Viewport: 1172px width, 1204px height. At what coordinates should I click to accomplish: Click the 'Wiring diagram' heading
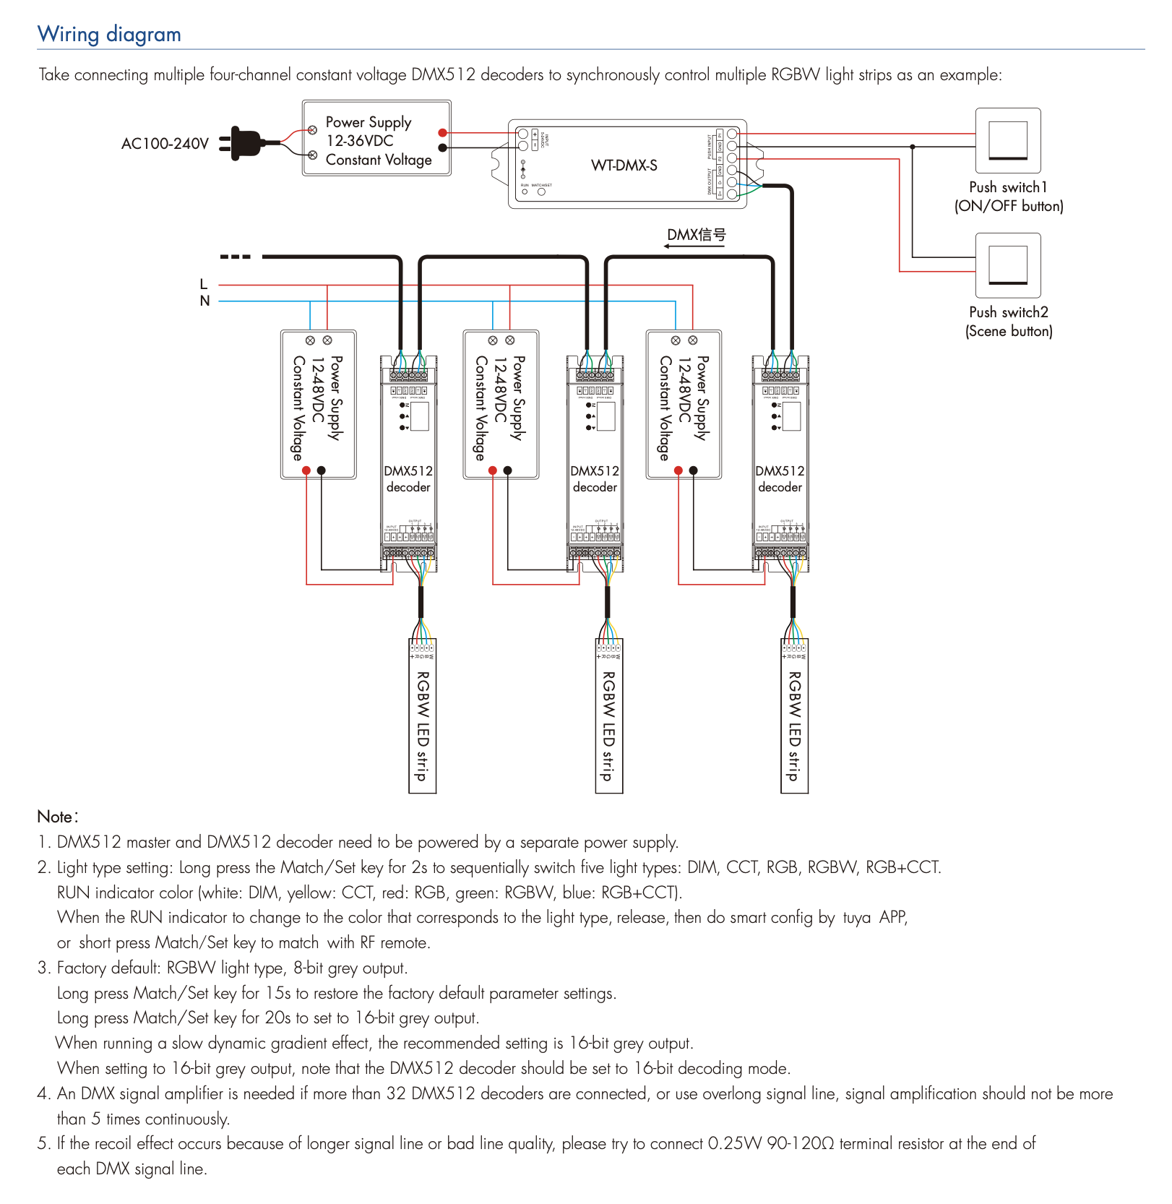(x=109, y=34)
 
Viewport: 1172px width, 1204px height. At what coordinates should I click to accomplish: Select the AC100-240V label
(x=165, y=144)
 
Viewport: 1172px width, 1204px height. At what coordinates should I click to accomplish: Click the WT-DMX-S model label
(x=624, y=165)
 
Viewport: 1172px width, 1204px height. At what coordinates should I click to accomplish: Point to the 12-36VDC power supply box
(x=376, y=139)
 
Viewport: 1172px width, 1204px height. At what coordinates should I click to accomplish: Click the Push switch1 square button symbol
(x=1008, y=140)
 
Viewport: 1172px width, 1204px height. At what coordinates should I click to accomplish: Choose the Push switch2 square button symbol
(x=1008, y=265)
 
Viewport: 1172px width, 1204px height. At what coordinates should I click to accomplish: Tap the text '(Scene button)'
(x=1009, y=331)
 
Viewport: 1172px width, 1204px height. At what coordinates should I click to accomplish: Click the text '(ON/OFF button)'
(x=1009, y=206)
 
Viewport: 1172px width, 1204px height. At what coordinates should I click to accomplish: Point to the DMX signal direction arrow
(x=694, y=246)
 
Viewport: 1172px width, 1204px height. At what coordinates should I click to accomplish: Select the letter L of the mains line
(x=204, y=284)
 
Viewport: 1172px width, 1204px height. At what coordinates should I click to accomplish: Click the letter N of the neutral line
(x=204, y=301)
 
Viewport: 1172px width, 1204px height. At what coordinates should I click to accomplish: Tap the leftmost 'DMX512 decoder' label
(x=408, y=479)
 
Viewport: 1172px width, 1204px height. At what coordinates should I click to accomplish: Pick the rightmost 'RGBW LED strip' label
(x=794, y=726)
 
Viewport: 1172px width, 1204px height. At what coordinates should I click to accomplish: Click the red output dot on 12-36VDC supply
(x=442, y=133)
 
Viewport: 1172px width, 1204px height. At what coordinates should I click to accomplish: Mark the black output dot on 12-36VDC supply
(x=442, y=147)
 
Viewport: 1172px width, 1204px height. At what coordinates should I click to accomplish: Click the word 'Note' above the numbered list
(x=56, y=817)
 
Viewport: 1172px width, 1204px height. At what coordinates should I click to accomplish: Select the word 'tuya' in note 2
(x=856, y=917)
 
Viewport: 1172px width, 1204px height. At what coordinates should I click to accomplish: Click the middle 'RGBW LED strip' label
(x=608, y=726)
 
